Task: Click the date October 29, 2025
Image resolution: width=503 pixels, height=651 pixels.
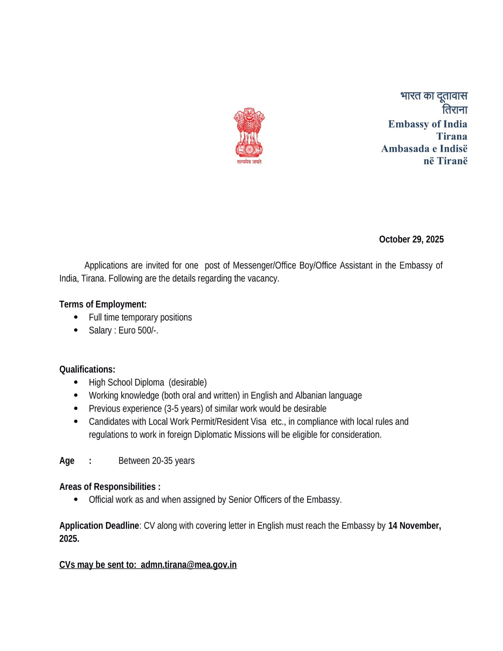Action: (411, 239)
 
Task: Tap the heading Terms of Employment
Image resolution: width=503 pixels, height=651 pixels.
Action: (103, 304)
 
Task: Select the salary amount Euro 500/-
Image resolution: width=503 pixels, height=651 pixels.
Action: (138, 330)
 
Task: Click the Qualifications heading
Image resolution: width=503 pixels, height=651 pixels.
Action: (87, 369)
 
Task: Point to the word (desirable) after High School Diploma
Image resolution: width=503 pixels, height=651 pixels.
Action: (188, 382)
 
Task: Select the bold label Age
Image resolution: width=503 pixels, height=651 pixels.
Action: (67, 461)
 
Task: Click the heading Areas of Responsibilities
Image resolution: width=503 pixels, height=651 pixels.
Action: (109, 487)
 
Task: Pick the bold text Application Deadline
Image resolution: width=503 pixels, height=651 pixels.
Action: (99, 526)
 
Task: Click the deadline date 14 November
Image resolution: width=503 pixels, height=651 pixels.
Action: (414, 526)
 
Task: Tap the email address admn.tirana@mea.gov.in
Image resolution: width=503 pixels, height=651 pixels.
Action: (188, 565)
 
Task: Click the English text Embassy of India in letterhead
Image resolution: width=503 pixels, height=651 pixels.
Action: (427, 124)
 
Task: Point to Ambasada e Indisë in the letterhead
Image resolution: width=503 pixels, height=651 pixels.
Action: (424, 149)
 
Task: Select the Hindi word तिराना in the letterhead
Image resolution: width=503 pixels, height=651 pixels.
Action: (455, 110)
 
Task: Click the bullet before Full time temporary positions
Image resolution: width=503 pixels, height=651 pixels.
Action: (76, 317)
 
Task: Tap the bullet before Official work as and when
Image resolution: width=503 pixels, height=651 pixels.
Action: (76, 499)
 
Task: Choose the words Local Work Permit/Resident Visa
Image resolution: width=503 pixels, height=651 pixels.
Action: (207, 422)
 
